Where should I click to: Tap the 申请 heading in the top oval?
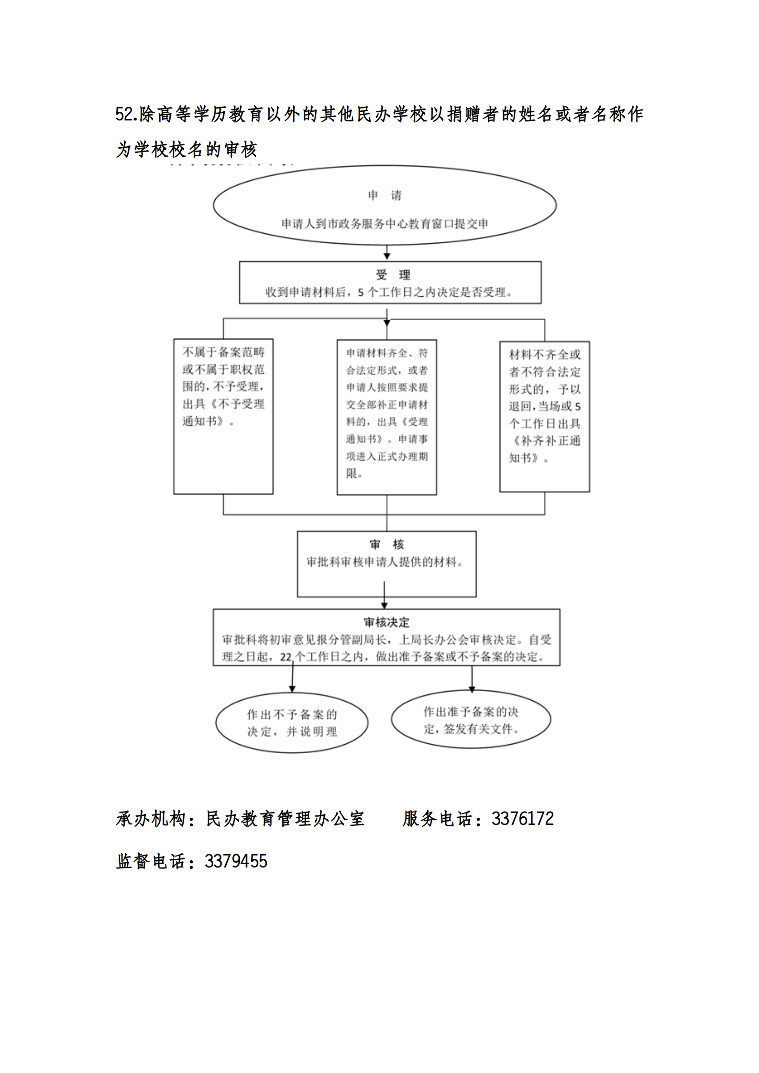tap(385, 195)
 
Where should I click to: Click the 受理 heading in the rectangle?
tap(393, 274)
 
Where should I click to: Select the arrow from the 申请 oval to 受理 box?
tap(387, 253)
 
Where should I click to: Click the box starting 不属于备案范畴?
tap(223, 416)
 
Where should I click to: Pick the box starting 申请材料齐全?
tap(386, 417)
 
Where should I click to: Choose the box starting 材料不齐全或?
tap(544, 416)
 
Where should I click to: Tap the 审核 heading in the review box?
tap(386, 544)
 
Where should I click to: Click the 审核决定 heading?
tap(386, 622)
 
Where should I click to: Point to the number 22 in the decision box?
tap(286, 657)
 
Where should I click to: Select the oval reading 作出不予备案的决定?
tap(292, 723)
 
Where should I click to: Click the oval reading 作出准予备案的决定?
tap(471, 720)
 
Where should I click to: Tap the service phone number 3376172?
tap(522, 819)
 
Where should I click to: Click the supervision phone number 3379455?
tap(236, 861)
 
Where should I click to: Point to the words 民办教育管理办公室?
tap(285, 819)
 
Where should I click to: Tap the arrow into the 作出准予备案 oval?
tap(472, 680)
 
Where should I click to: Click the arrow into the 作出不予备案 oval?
tap(292, 680)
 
